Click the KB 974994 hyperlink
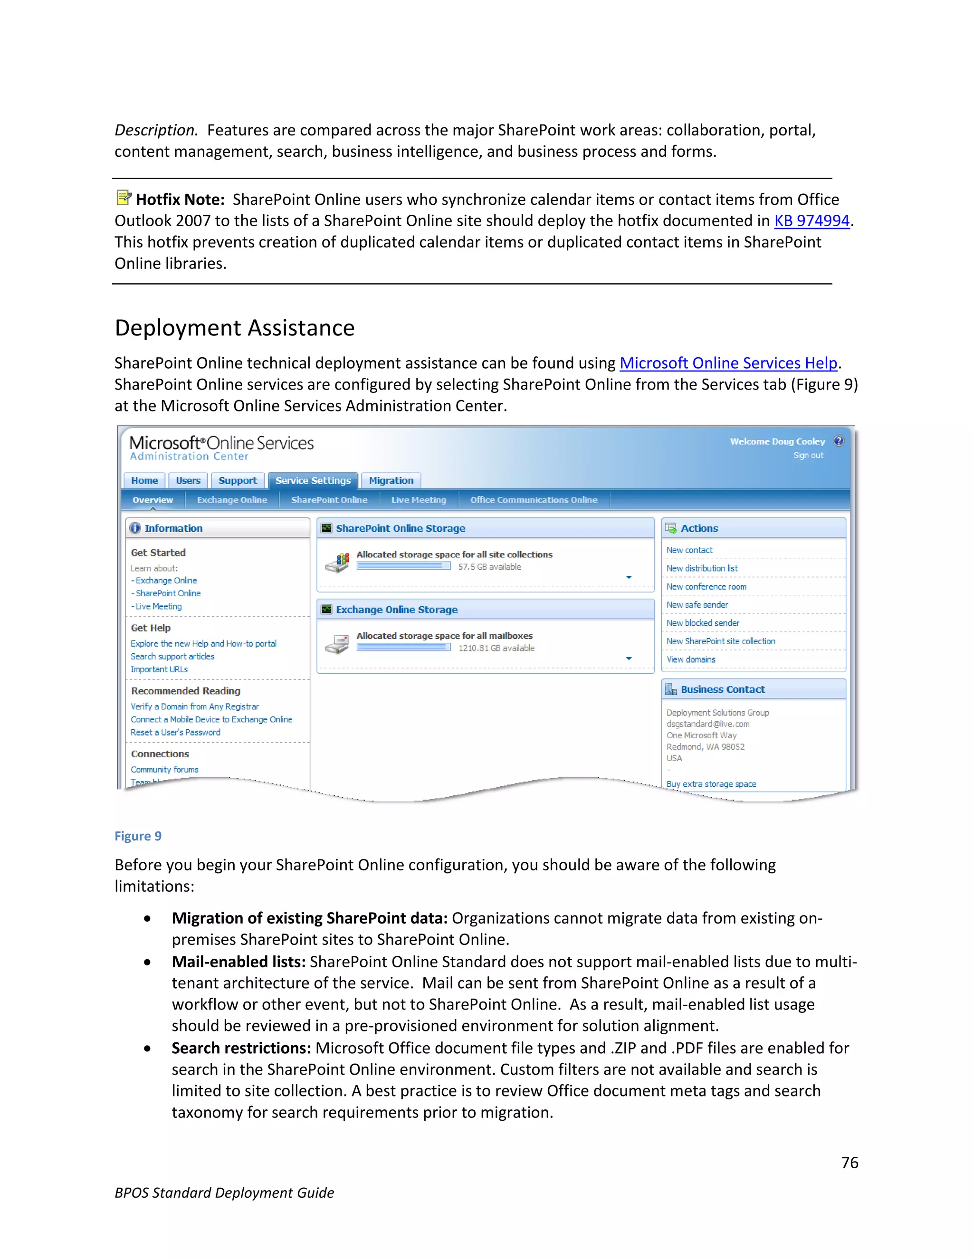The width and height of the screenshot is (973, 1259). point(811,221)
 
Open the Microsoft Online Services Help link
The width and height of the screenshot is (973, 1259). point(728,363)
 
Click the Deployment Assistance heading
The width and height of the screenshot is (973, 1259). point(235,328)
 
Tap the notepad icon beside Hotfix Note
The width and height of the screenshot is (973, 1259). point(124,198)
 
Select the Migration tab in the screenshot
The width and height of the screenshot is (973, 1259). point(391,481)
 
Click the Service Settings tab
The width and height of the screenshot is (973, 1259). point(313,481)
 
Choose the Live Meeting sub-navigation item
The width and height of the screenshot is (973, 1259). point(419,500)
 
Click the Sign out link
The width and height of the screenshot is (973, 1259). point(808,456)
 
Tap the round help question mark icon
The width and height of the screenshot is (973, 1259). point(839,441)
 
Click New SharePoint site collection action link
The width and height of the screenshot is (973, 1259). point(721,641)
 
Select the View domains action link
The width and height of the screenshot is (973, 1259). point(690,659)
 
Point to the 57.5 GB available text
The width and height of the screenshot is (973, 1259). point(489,567)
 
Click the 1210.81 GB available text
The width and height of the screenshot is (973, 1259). point(496,649)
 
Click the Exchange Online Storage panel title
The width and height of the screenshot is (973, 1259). point(397,610)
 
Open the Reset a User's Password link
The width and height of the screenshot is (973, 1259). point(175,733)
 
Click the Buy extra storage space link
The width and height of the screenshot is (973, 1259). point(711,784)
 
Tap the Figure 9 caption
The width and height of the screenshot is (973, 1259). point(138,837)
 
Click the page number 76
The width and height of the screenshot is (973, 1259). point(849,1163)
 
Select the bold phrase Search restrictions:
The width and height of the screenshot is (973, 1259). point(241,1048)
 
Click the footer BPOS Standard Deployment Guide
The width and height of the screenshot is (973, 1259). point(224,1192)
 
